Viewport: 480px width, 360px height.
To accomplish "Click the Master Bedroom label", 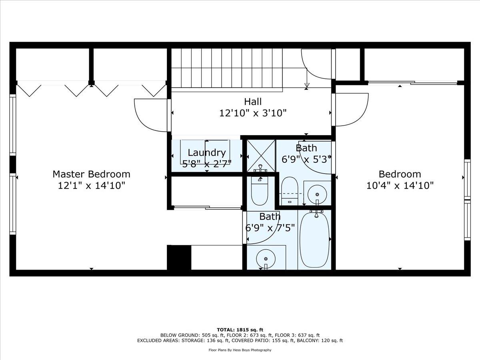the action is click(x=92, y=174).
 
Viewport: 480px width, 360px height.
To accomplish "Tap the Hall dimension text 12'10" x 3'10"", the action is click(x=253, y=113).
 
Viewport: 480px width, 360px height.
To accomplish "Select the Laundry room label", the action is click(x=207, y=153).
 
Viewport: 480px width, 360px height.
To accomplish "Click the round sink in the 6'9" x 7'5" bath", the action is click(x=266, y=259).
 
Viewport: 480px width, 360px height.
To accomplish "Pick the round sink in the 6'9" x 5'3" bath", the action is click(x=317, y=194).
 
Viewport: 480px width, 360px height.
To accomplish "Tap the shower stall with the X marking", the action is click(x=261, y=156).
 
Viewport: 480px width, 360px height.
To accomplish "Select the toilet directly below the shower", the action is click(x=260, y=191).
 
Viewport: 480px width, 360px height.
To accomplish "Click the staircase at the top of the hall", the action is click(x=227, y=68).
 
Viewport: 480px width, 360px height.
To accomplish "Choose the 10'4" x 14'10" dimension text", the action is click(x=400, y=186).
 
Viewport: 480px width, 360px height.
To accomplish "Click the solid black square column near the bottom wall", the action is click(x=179, y=258).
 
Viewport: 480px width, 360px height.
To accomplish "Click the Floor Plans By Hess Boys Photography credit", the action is click(x=240, y=350).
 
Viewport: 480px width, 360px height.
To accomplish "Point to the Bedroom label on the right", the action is click(x=400, y=174).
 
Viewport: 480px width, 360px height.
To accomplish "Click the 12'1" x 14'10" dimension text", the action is click(x=92, y=186).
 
